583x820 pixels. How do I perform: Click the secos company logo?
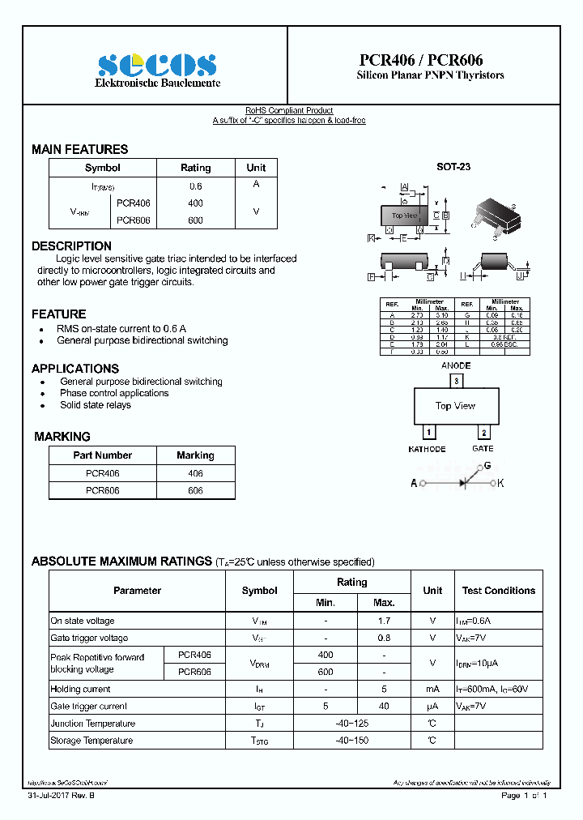pos(157,66)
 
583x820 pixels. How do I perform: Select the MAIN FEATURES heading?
pos(79,149)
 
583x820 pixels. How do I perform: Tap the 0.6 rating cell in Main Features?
pos(195,186)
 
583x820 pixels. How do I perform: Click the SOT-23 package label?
pos(453,167)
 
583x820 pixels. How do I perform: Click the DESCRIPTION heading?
pos(71,246)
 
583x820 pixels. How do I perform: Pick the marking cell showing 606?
pos(195,491)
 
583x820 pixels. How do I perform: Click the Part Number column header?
pos(102,455)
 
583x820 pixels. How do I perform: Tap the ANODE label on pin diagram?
pos(456,365)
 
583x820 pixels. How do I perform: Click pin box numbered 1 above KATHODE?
pos(429,433)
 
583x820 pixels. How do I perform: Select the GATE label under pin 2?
pos(483,449)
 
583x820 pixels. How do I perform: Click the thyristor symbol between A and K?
pos(464,483)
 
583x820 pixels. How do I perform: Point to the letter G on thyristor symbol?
pos(487,466)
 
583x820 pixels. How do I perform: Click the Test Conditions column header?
pos(498,591)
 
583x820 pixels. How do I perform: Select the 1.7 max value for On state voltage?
pos(384,621)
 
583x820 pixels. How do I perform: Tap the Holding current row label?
pos(80,690)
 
